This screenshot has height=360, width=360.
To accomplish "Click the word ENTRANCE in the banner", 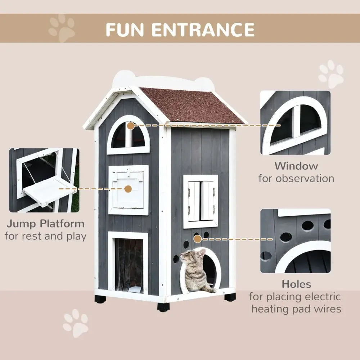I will (203, 28).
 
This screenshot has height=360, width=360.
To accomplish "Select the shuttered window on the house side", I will (201, 201).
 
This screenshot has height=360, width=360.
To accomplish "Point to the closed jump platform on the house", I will (129, 190).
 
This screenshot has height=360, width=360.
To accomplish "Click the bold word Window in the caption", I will (296, 166).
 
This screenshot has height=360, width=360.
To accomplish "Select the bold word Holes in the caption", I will (296, 284).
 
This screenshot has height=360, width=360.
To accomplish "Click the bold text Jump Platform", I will (45, 224).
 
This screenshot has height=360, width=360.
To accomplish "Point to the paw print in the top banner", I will (62, 28).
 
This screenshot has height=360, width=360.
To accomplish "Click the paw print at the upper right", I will (331, 74).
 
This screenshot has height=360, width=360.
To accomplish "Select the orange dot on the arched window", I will (130, 126).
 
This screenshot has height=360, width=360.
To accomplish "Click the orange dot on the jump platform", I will (127, 188).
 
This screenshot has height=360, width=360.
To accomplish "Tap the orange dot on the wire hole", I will (197, 239).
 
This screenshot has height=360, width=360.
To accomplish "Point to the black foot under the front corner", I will (163, 307).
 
